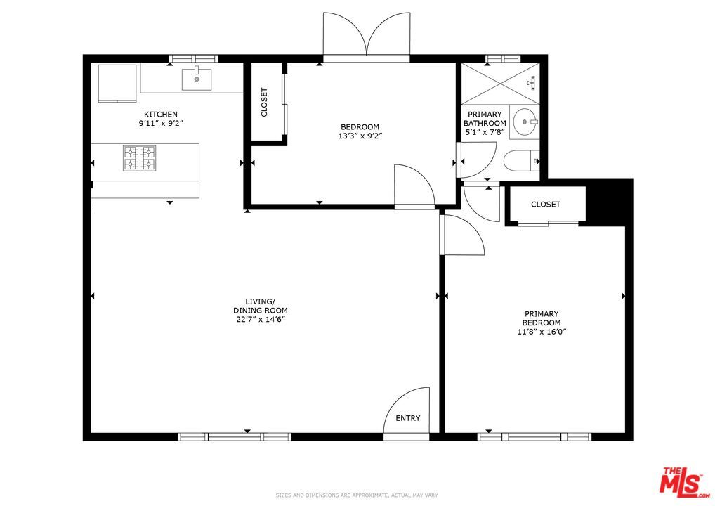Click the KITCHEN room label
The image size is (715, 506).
(161, 115)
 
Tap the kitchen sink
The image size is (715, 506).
(197, 79)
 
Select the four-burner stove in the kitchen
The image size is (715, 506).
(139, 157)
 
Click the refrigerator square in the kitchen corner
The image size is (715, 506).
(117, 82)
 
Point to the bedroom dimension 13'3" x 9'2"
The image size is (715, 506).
(360, 136)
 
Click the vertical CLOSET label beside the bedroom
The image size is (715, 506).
(265, 103)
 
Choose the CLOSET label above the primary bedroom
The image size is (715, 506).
(546, 205)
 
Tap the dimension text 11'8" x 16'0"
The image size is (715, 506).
(541, 332)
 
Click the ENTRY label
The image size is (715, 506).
(407, 418)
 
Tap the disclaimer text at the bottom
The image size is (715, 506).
(357, 496)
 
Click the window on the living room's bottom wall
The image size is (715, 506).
(234, 436)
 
